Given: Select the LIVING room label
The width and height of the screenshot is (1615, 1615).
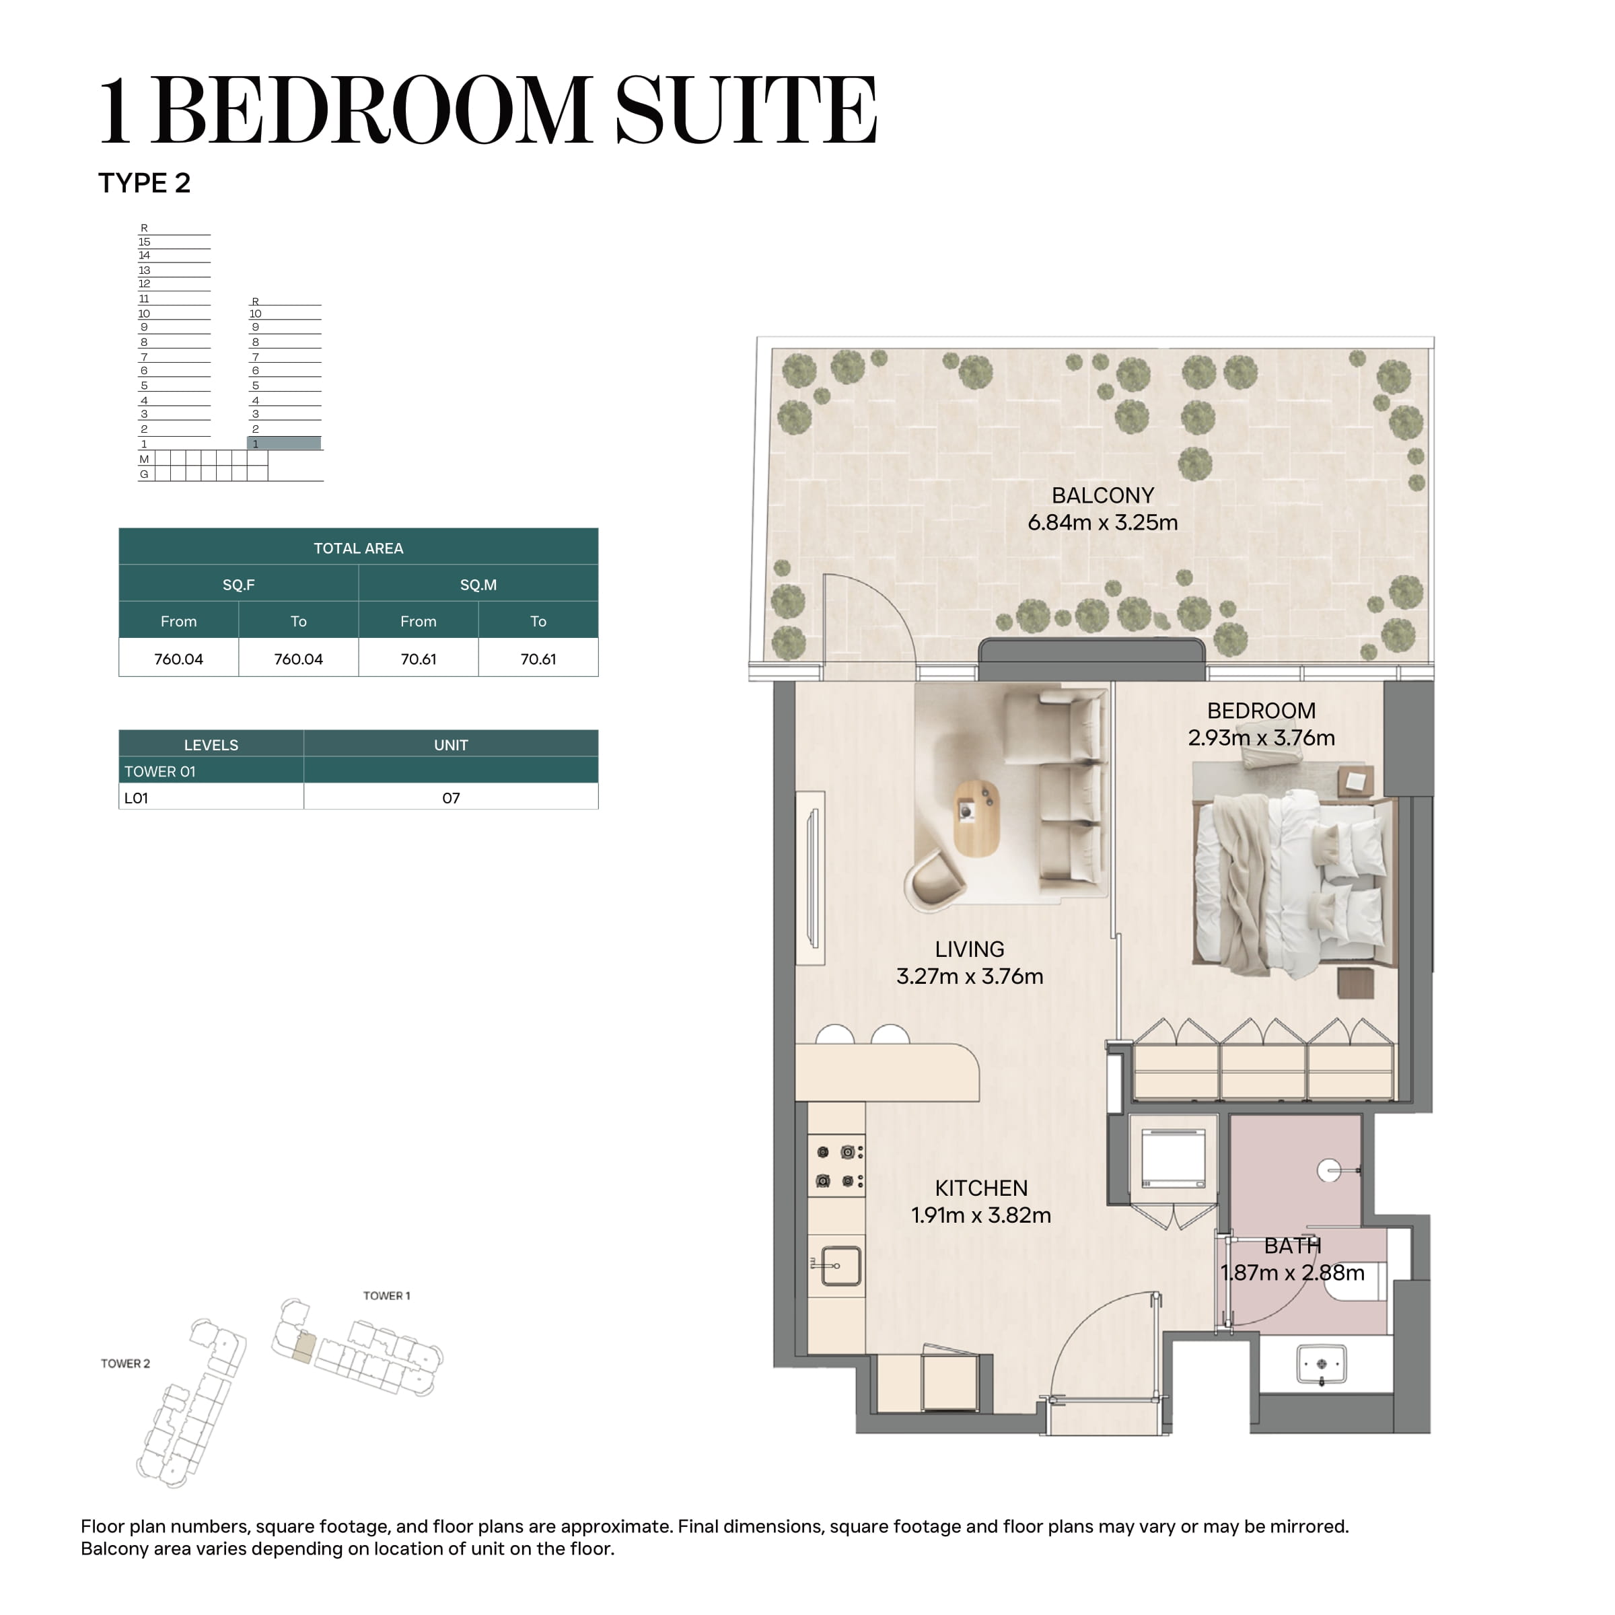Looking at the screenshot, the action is point(970,949).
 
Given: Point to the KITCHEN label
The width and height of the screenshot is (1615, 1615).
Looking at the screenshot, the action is point(981,1188).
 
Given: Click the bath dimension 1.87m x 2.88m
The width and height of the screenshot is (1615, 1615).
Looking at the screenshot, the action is point(1292,1273).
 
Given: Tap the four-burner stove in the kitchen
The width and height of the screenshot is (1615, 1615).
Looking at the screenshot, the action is point(836,1167).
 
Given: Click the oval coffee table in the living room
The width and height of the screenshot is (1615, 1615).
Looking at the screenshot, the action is point(977,817).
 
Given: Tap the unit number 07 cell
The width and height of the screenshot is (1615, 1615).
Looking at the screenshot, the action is point(452,798).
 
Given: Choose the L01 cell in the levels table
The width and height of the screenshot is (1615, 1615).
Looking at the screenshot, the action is point(211,798).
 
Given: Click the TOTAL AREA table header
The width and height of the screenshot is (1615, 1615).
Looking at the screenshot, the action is point(359,548).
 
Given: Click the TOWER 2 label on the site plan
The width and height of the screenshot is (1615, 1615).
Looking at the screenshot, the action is point(125,1363).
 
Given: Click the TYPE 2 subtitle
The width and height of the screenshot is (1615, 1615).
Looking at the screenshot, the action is point(145,183).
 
